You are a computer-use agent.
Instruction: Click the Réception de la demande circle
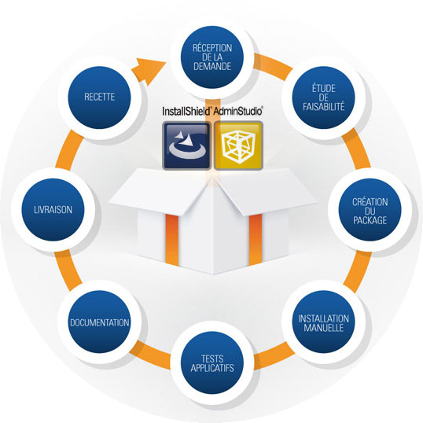212,57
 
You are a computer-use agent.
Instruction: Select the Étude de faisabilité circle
323,97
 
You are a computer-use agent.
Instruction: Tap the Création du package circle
370,210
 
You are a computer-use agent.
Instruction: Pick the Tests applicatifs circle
212,362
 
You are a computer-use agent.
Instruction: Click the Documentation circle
99,322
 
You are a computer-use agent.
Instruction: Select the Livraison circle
53,210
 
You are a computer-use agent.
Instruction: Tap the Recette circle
99,97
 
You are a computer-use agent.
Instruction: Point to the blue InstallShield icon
186,145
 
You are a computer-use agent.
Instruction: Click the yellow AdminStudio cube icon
238,145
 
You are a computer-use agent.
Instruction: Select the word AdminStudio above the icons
237,111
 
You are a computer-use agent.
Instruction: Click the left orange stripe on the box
172,240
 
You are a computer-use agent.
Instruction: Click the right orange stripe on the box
256,240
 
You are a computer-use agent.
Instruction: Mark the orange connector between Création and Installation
357,271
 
